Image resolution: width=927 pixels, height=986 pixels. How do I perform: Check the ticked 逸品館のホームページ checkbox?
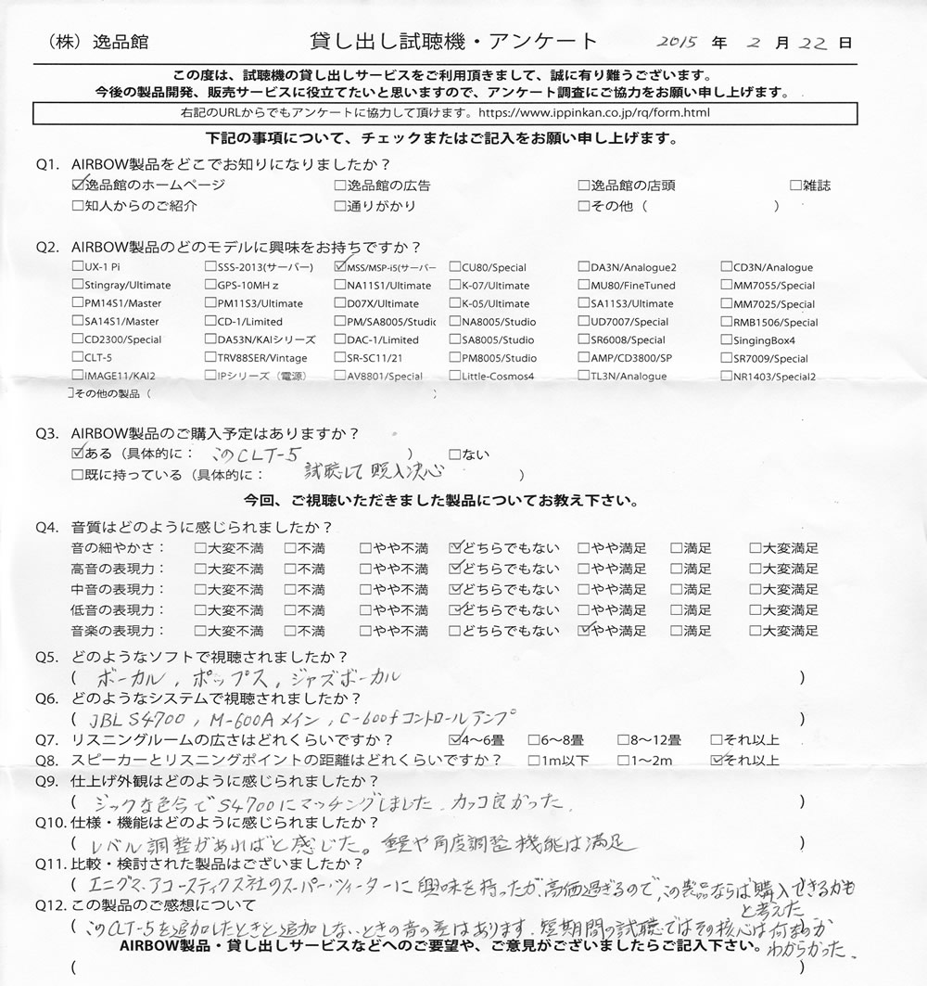point(77,186)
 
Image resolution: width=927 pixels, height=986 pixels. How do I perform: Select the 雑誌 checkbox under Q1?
point(795,186)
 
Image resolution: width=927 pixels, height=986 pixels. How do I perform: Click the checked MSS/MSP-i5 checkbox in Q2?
point(339,267)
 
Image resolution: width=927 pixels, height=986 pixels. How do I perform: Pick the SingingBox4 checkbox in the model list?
point(726,340)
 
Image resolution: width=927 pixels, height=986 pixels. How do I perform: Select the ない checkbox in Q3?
point(454,455)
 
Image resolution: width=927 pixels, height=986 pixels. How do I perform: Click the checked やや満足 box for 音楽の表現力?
point(584,631)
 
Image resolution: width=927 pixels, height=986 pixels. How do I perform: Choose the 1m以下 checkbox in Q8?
point(532,761)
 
